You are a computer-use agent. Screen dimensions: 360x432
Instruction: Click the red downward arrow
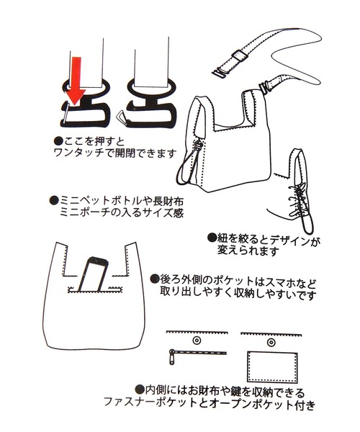click(x=75, y=80)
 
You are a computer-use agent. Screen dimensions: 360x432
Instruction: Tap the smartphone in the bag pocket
click(x=92, y=274)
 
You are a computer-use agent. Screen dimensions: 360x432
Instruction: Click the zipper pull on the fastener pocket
click(x=171, y=356)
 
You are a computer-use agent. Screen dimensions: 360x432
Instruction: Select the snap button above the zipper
click(x=197, y=341)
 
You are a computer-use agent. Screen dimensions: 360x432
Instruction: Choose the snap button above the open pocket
click(x=271, y=343)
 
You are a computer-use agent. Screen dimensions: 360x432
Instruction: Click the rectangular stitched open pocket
click(x=272, y=366)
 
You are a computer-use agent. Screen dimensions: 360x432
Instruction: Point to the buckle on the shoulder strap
click(x=239, y=56)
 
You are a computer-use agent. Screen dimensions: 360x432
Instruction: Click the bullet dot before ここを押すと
click(x=58, y=141)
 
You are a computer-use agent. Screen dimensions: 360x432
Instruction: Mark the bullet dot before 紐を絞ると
click(x=212, y=238)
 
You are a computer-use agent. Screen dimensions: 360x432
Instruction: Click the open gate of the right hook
click(x=122, y=117)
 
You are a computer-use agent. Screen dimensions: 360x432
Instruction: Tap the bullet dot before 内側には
click(x=140, y=389)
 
